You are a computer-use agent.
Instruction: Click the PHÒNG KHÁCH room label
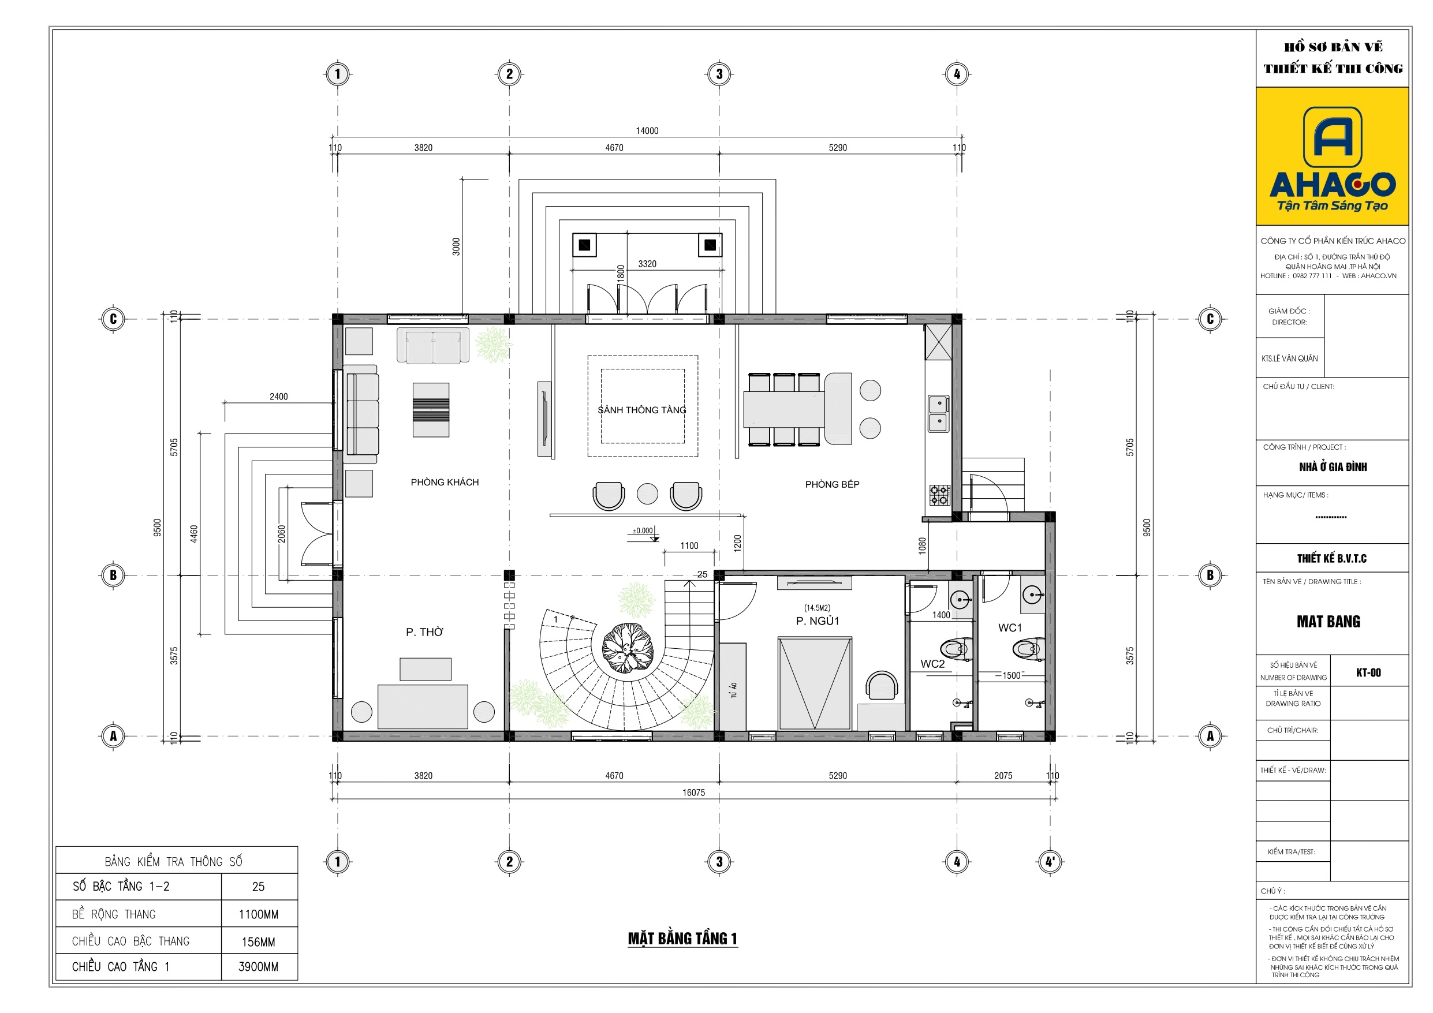tap(445, 482)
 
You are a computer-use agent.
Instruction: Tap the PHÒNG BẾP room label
tap(832, 484)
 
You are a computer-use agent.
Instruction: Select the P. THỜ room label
tap(424, 631)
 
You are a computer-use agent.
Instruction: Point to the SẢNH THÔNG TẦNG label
tap(641, 409)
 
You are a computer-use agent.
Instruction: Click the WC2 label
tap(932, 663)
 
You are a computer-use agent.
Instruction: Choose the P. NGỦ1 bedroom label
tap(817, 620)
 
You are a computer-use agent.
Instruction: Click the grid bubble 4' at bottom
tap(1050, 861)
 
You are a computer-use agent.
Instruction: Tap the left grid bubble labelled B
tap(113, 575)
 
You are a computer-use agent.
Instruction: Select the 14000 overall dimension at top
tap(647, 130)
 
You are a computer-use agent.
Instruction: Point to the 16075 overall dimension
tap(693, 792)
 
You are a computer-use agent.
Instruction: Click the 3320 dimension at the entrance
tap(647, 264)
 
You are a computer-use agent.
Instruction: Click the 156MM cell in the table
tap(259, 941)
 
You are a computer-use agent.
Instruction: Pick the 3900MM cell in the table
tap(259, 966)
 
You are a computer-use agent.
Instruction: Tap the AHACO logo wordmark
tap(1332, 184)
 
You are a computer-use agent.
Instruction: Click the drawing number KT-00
tap(1368, 672)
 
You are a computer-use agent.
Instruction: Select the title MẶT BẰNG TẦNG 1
tap(682, 938)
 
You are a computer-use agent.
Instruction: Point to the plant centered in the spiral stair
tap(627, 648)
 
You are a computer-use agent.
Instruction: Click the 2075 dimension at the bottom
tap(1003, 775)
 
